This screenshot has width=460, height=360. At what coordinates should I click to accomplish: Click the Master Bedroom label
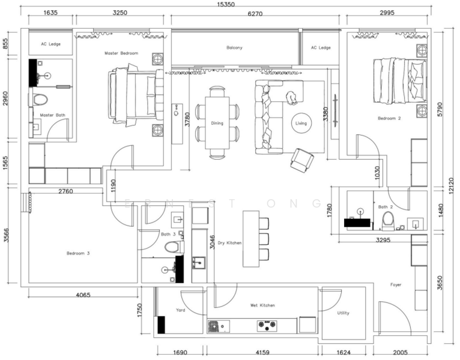coord(121,53)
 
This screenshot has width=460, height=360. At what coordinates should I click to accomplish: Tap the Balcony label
coord(234,47)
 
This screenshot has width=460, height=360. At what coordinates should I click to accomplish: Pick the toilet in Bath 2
coord(387,222)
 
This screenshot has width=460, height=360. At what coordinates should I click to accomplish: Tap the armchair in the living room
coord(301,160)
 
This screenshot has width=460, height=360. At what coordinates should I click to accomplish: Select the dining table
coord(217,123)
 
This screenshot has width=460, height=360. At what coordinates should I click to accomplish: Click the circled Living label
coord(301,124)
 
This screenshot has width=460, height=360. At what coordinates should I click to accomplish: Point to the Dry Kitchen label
coord(229,242)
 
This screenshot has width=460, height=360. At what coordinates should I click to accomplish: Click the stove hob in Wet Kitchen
coord(265,326)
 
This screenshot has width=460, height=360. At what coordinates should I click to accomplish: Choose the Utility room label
coord(343,313)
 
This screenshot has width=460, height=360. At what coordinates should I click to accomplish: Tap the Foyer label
coord(396,284)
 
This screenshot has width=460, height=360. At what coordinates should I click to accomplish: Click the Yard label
coord(180,310)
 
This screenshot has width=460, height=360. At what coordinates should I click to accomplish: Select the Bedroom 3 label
coord(78,253)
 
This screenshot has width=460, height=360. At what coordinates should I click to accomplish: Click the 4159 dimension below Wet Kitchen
coord(262,353)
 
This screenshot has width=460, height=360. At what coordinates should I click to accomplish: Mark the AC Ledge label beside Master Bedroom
coord(51,44)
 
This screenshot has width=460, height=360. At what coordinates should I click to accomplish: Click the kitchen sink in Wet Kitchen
coord(215,326)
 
